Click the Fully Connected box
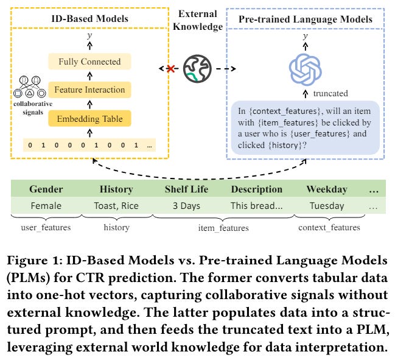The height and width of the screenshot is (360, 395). pyautogui.click(x=89, y=62)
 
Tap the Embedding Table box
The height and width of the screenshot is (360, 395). pyautogui.click(x=90, y=119)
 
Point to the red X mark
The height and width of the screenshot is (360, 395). pyautogui.click(x=170, y=69)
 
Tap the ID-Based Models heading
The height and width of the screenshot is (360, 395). pyautogui.click(x=89, y=18)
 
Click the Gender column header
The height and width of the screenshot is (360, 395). pyautogui.click(x=46, y=189)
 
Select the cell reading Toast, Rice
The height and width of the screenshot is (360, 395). pyautogui.click(x=116, y=206)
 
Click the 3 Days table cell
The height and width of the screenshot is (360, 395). pyautogui.click(x=186, y=206)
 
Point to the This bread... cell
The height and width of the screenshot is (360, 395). pyautogui.click(x=256, y=206)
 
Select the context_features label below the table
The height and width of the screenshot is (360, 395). pyautogui.click(x=329, y=227)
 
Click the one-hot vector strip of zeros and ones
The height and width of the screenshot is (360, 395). pyautogui.click(x=89, y=146)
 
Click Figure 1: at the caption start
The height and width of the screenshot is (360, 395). pyautogui.click(x=35, y=261)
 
